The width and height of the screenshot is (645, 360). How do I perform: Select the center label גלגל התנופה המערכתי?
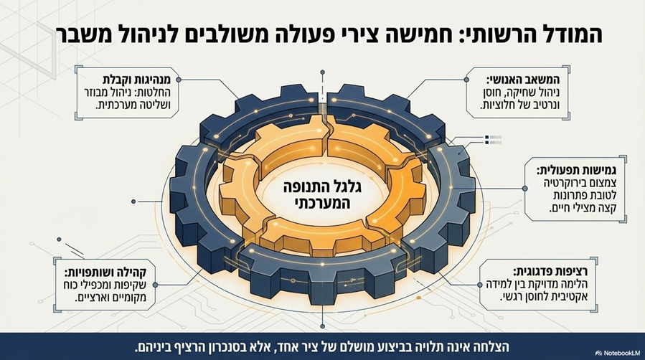coord(323,194)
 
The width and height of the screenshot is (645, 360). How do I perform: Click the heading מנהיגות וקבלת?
coord(140,79)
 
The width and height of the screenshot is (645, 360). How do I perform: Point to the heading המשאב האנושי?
coord(523,80)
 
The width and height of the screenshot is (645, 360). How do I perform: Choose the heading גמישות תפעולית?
coord(576,170)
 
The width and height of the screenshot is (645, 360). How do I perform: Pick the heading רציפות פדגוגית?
coord(550,272)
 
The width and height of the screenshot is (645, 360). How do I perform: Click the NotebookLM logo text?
coord(621,353)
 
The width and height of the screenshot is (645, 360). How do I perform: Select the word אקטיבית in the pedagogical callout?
coord(568,297)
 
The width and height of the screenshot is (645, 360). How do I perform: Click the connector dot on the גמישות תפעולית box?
coord(525,188)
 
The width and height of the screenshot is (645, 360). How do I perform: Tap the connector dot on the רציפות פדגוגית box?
coord(480,285)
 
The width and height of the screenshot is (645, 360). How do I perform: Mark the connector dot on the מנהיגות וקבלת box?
coord(179,80)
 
